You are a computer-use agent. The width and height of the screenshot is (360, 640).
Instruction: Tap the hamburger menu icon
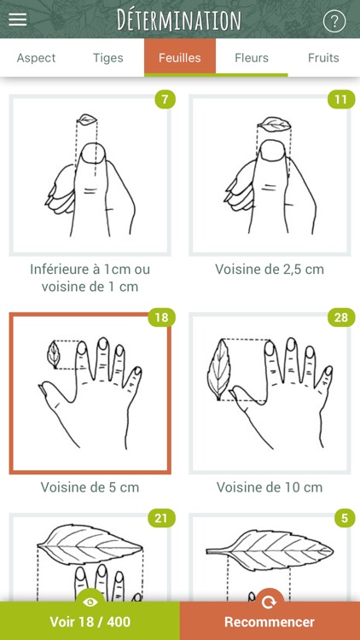[x=18, y=19]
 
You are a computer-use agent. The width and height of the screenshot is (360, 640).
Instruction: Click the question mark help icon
[x=334, y=21]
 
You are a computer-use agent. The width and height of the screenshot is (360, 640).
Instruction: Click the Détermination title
[x=179, y=20]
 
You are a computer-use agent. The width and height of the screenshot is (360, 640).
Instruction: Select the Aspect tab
[x=36, y=58]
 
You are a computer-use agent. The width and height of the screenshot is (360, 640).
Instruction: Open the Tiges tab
[x=108, y=58]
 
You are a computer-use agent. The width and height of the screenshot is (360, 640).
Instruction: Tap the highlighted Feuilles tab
[x=180, y=58]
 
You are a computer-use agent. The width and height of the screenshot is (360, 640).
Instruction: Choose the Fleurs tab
[x=252, y=58]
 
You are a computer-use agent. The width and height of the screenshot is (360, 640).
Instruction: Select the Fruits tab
[x=323, y=58]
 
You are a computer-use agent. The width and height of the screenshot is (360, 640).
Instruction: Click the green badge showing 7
[x=165, y=99]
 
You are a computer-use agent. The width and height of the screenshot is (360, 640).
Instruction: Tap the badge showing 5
[x=343, y=517]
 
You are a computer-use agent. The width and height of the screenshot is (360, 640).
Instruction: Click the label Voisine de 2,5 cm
[x=270, y=270]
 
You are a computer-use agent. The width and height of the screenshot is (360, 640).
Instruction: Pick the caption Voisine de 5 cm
[x=90, y=488]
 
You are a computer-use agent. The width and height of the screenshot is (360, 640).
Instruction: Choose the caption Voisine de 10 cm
[x=270, y=488]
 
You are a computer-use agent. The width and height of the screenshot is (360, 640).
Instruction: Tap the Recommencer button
[x=270, y=621]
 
